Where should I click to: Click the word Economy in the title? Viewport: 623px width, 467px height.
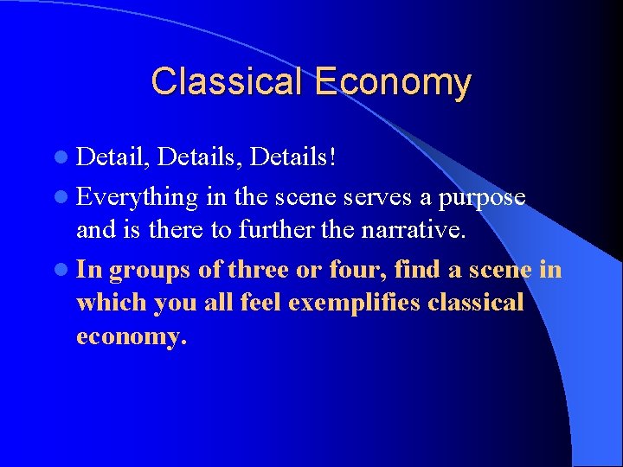[393, 82]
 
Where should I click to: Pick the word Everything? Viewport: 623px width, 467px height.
[138, 197]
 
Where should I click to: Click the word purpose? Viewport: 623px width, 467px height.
[482, 197]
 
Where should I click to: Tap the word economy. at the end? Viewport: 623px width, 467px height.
[132, 336]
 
